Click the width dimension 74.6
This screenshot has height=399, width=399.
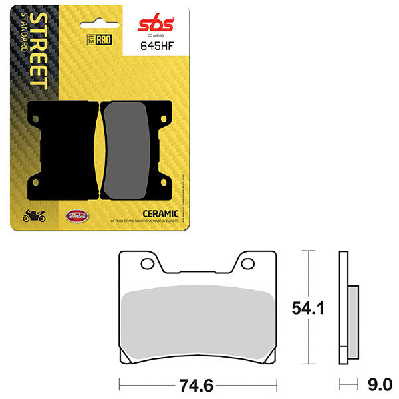pyautogui.click(x=198, y=384)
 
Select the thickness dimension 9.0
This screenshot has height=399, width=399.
pyautogui.click(x=380, y=384)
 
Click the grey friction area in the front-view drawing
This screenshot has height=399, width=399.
pyautogui.click(x=198, y=319)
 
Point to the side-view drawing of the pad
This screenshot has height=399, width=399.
pyautogui.click(x=346, y=307)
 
